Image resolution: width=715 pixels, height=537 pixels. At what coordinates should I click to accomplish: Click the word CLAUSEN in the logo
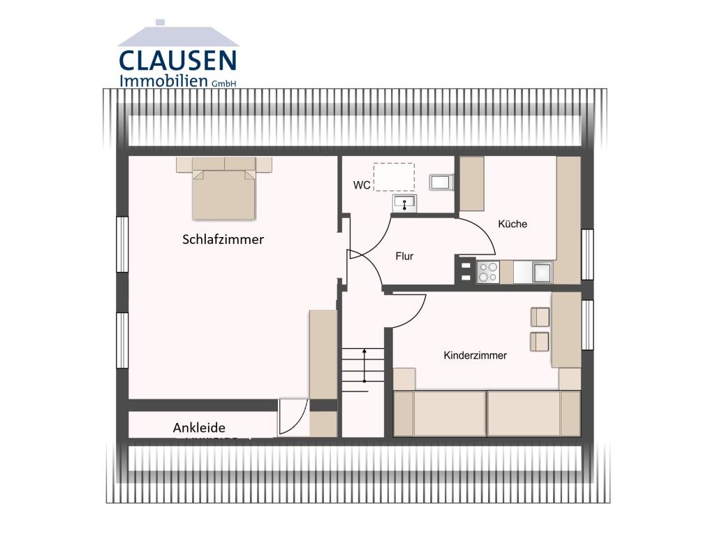[177, 60]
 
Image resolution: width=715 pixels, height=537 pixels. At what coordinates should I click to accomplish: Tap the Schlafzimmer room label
[223, 240]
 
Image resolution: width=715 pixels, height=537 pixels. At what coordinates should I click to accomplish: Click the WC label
[362, 185]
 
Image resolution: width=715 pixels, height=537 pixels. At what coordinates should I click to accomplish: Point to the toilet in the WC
[441, 182]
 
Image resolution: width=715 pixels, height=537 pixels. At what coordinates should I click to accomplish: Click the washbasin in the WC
[404, 203]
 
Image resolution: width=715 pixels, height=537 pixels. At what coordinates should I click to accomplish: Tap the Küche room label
[513, 224]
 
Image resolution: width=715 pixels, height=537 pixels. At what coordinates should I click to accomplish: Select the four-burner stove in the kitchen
[487, 271]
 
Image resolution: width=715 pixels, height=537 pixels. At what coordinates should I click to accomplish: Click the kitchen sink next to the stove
[543, 271]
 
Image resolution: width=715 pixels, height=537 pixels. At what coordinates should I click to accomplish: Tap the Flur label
[404, 257]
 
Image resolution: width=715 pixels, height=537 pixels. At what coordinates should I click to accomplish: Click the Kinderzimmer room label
[476, 355]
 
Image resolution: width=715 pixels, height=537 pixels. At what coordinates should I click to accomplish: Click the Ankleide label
[199, 428]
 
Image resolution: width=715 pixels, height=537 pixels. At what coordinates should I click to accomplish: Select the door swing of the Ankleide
[293, 417]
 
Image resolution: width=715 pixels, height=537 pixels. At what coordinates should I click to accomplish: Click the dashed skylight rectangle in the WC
[394, 177]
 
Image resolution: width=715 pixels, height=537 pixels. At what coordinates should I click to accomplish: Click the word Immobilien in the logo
[164, 80]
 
